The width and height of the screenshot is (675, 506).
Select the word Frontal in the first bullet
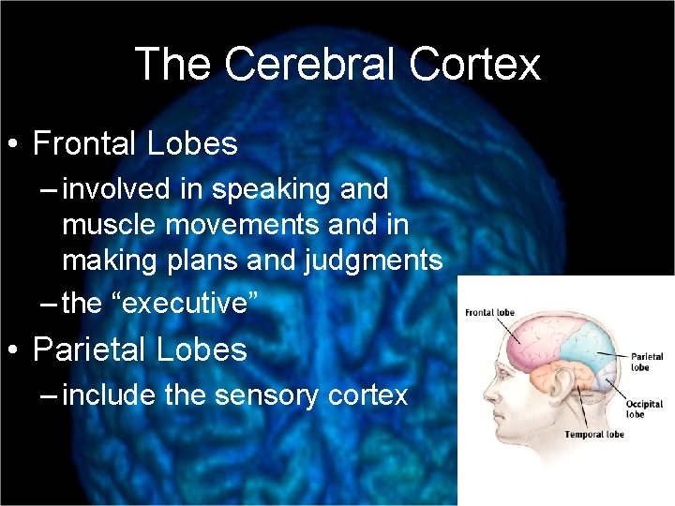pos(84,143)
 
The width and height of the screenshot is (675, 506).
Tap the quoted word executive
pos(189,304)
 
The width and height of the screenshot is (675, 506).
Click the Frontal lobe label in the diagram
pos(487,314)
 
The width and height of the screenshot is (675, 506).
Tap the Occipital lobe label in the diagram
pos(644,409)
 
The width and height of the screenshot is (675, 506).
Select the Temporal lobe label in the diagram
pos(593,435)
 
